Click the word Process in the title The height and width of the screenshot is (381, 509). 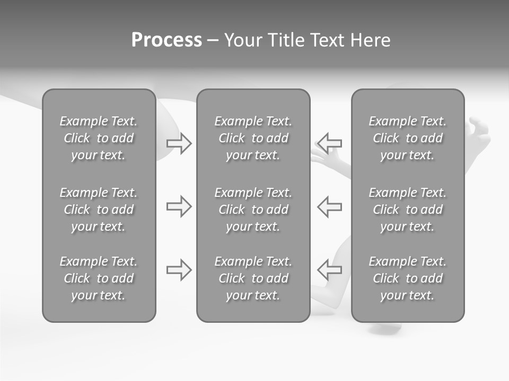(166, 40)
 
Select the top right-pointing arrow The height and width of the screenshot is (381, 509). (179, 143)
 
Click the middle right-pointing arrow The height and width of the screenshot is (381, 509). (179, 206)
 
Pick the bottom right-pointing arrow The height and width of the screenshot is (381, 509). (179, 270)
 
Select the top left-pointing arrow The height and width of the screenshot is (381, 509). (330, 143)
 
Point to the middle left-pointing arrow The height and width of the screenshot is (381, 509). (330, 206)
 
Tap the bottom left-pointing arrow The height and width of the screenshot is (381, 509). (330, 270)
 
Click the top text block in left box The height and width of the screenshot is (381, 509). (99, 138)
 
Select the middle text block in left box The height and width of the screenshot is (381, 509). (99, 210)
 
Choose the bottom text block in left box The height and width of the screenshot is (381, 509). (99, 278)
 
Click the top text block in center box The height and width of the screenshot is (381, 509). (253, 138)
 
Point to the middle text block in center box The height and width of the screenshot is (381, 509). (253, 210)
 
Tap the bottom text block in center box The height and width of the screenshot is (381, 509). (253, 278)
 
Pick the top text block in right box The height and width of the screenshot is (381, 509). (408, 138)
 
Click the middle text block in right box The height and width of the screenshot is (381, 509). (408, 210)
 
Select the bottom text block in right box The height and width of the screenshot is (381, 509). (408, 278)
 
